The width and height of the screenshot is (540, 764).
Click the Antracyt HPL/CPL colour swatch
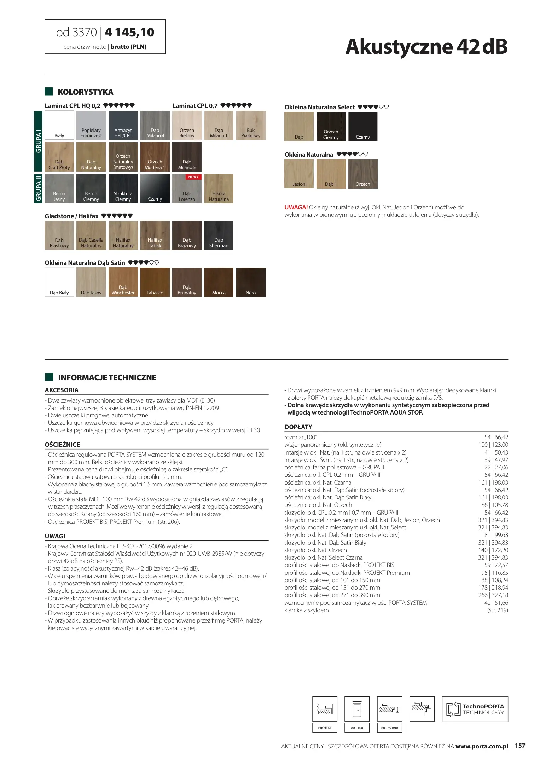pos(123,125)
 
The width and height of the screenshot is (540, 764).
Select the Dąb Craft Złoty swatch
pos(59,157)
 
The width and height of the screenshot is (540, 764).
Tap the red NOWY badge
pos(193,177)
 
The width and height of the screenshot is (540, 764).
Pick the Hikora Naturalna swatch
pos(219,189)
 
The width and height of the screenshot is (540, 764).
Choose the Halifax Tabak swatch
pos(155,235)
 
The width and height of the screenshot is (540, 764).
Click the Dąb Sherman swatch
pos(219,235)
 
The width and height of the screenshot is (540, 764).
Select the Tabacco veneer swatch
pos(155,282)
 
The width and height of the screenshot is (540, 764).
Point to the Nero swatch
pos(251,282)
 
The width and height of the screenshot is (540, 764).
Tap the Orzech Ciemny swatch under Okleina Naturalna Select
pos(331,127)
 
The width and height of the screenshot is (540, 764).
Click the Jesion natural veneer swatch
pos(299,174)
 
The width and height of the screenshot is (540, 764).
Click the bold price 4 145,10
pos(129,33)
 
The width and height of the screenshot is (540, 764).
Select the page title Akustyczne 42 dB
pos(426,46)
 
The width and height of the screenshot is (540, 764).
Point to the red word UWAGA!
pos(296,207)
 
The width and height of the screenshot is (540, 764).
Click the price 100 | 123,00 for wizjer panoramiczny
pos(493,445)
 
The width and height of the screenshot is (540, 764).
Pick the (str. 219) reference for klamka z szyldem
pos(497,610)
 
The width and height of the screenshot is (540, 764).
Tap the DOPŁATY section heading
pos(298,427)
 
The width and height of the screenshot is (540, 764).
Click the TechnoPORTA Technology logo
pos(475,709)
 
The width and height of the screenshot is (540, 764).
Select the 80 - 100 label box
pos(357,728)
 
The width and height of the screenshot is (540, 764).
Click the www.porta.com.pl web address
pos(482,746)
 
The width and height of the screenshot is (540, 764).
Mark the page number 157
pos(520,746)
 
